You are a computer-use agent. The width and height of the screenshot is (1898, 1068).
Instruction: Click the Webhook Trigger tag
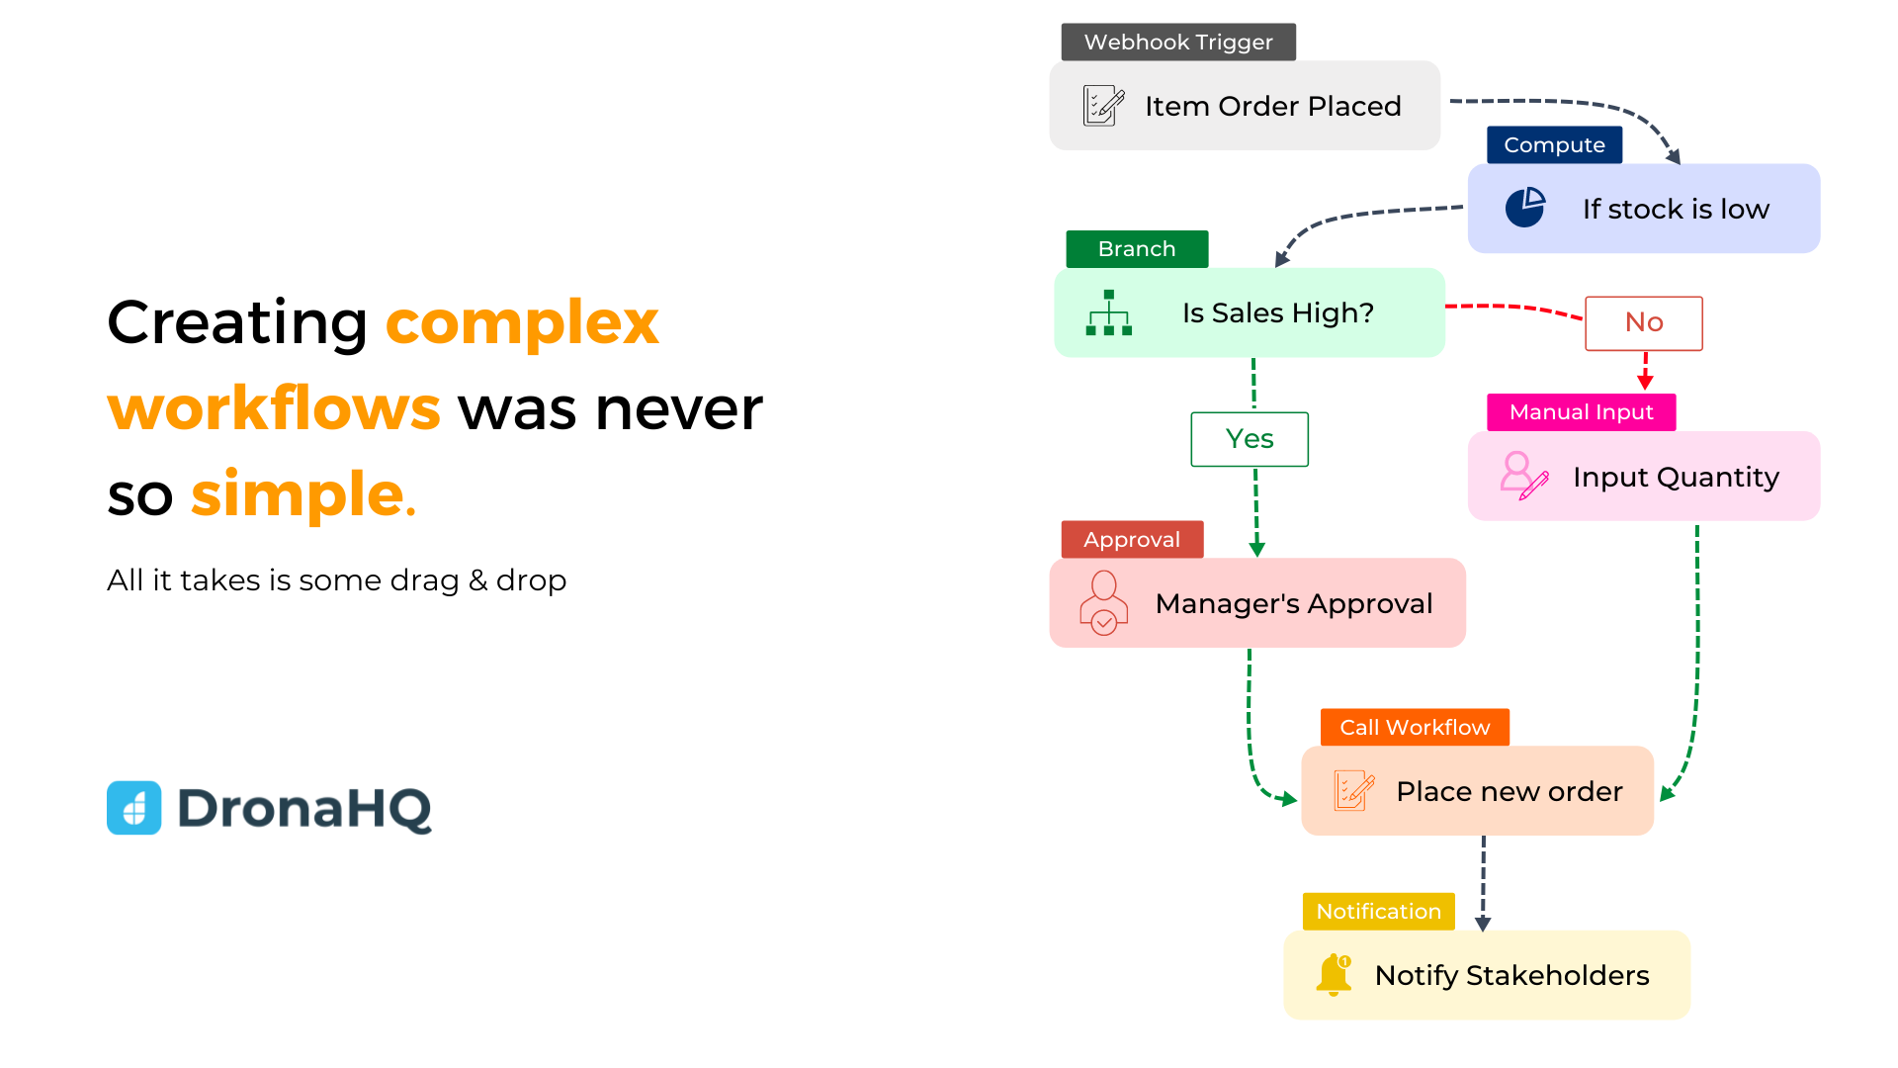point(1178,42)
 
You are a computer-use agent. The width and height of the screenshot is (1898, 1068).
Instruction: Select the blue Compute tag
point(1554,144)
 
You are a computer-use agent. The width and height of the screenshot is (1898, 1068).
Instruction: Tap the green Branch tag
point(1137,248)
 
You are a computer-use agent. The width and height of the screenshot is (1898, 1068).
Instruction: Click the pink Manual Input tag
point(1581,411)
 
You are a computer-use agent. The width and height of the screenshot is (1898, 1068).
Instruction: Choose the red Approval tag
point(1132,539)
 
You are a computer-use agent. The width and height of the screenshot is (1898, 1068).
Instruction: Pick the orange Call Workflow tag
point(1415,727)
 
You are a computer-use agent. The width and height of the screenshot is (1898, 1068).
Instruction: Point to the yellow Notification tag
point(1378,911)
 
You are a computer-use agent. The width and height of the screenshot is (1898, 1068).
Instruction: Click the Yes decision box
point(1250,439)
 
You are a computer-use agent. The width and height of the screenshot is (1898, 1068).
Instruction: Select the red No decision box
point(1644,323)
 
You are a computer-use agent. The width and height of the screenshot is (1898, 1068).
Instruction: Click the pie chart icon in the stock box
point(1525,208)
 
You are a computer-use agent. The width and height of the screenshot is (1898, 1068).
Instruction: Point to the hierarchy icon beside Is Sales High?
point(1109,312)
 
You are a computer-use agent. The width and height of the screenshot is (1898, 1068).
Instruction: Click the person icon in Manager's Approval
point(1104,602)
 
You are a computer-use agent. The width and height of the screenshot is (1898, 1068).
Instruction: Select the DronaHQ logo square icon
point(134,808)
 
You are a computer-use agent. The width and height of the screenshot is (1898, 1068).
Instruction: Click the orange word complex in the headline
point(522,322)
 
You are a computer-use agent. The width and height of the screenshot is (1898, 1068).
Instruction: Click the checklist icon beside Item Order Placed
point(1103,105)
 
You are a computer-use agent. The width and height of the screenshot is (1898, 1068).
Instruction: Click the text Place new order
point(1510,791)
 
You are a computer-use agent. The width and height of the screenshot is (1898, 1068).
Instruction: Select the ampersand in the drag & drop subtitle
point(478,580)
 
